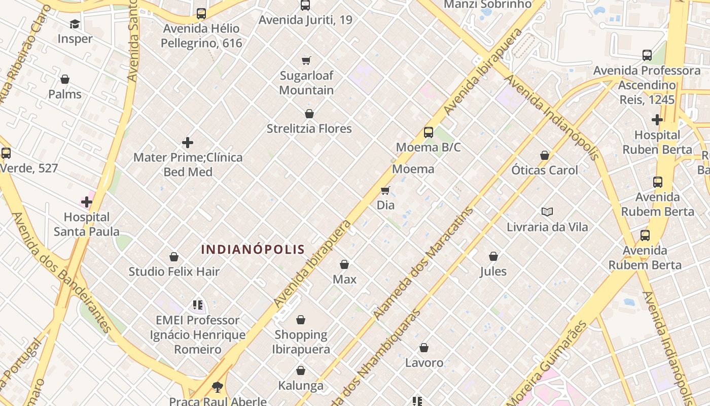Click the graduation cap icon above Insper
tap(75, 24)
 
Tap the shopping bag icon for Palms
tap(65, 79)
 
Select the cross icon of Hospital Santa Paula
tap(87, 202)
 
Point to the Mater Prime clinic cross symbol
tap(188, 143)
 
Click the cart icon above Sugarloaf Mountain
tap(306, 61)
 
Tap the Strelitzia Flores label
tap(309, 128)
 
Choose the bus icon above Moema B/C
tap(429, 132)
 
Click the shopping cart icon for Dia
tap(385, 191)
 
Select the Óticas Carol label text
tap(544, 170)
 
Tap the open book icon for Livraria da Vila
tap(547, 212)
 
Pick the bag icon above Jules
tap(493, 257)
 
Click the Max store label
tap(344, 279)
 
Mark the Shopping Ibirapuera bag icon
tap(301, 320)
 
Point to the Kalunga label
tap(301, 386)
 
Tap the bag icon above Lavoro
tap(424, 348)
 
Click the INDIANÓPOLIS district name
tap(253, 249)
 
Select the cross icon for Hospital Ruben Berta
tap(657, 120)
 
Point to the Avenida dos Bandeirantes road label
tap(61, 272)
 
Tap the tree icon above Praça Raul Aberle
tap(218, 387)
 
